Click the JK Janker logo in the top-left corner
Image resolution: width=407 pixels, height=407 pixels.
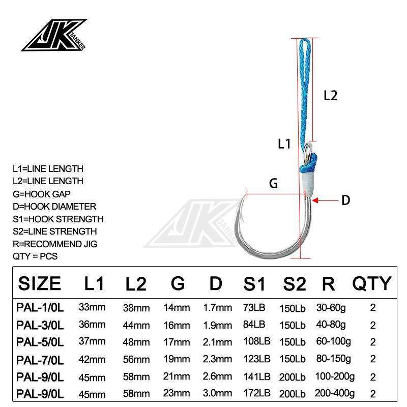click(x=55, y=36)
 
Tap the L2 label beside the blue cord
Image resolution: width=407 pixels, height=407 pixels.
click(x=330, y=95)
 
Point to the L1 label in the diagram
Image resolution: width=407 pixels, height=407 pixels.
click(x=284, y=144)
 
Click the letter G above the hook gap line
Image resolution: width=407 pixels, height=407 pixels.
click(x=273, y=184)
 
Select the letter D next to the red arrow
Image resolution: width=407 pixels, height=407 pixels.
click(x=345, y=200)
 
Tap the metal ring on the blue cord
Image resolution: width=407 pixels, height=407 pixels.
click(x=309, y=150)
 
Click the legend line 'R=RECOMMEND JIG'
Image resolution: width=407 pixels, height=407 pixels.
click(x=54, y=244)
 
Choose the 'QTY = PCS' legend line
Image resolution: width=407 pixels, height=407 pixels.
click(x=35, y=256)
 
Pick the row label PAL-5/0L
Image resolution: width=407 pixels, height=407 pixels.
click(x=40, y=340)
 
